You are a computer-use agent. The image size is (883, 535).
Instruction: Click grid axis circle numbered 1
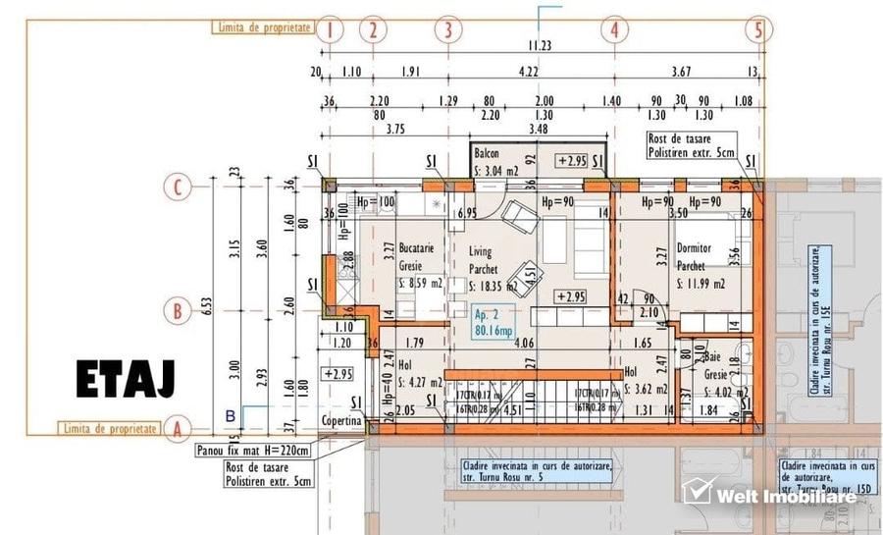pyautogui.click(x=331, y=29)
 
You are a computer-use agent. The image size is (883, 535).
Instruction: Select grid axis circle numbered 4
pyautogui.click(x=614, y=29)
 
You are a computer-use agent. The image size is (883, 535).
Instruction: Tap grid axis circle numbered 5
pyautogui.click(x=757, y=29)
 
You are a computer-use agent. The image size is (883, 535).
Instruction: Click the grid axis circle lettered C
pyautogui.click(x=178, y=186)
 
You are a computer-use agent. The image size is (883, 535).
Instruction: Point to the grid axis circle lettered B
pyautogui.click(x=178, y=311)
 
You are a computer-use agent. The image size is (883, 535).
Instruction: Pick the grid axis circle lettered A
pyautogui.click(x=178, y=429)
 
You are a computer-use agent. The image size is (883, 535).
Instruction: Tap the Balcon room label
pyautogui.click(x=488, y=155)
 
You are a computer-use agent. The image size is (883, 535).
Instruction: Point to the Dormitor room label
pyautogui.click(x=697, y=249)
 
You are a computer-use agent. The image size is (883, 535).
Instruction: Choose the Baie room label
pyautogui.click(x=713, y=359)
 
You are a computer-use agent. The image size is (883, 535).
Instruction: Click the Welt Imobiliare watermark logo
pyautogui.click(x=770, y=494)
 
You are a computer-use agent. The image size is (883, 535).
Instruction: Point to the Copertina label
pyautogui.click(x=340, y=421)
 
